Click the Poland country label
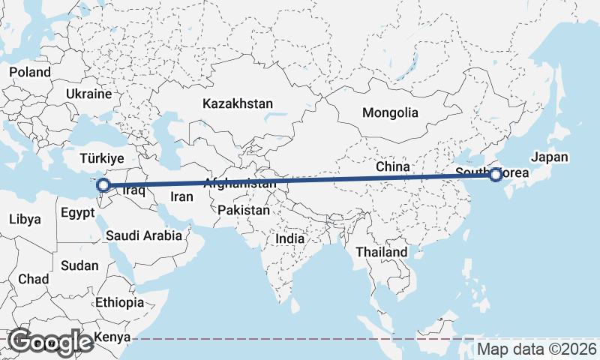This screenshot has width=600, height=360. (30, 72)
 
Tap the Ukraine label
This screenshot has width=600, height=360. (88, 94)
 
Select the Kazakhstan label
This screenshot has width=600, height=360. (237, 103)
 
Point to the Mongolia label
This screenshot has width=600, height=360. (389, 113)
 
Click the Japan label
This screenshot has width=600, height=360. (550, 157)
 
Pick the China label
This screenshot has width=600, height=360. (392, 166)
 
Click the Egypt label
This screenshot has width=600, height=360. (78, 212)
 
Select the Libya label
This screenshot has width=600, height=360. (25, 219)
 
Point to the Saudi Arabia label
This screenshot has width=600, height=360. (142, 235)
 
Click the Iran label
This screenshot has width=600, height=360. (182, 197)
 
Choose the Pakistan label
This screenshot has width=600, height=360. (244, 211)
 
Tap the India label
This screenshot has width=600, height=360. (289, 238)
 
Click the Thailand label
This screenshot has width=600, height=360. (382, 252)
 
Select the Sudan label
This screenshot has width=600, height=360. (79, 265)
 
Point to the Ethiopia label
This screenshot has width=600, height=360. (120, 302)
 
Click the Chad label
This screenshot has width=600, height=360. (33, 279)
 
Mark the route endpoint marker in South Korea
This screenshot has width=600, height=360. (496, 175)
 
